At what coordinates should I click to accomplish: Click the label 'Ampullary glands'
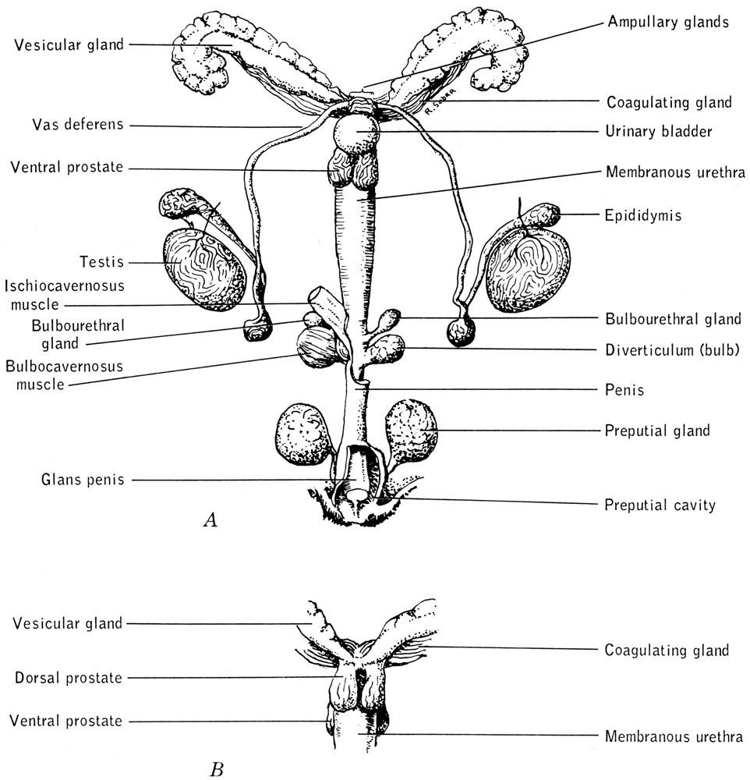667,22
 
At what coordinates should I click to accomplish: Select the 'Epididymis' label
643,215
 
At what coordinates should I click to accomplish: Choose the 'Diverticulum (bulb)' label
672,349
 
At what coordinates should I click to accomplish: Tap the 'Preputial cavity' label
660,505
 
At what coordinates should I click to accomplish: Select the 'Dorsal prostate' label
69,678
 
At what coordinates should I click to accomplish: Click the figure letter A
209,520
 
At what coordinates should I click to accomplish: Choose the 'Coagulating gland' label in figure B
667,650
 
